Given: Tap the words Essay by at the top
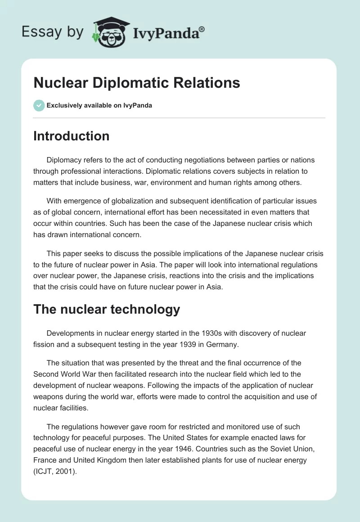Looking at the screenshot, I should tap(52, 31).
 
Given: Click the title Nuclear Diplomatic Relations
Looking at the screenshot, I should tap(137, 83).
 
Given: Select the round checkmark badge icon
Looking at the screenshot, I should tap(39, 105).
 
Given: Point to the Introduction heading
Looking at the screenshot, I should tap(71, 136).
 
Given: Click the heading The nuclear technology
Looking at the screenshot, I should tap(107, 309).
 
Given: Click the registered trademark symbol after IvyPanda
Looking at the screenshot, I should tap(202, 29).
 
